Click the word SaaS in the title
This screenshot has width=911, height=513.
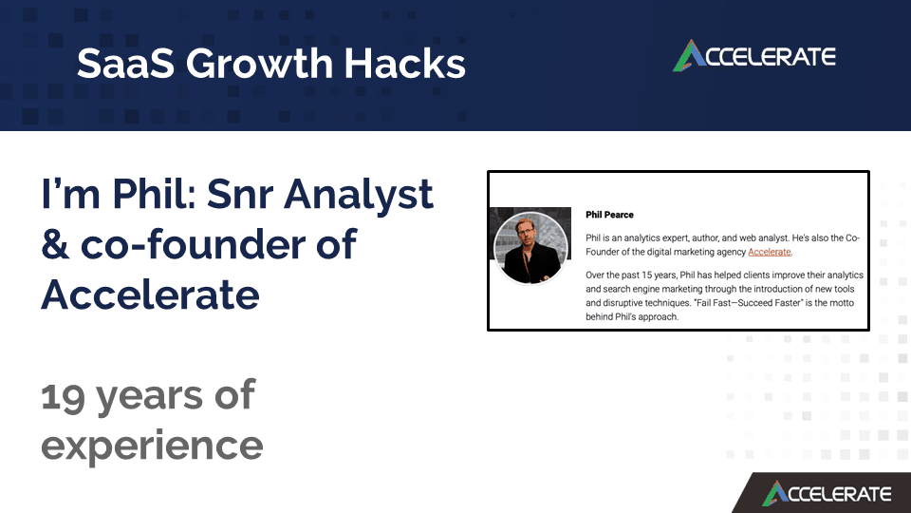pos(125,63)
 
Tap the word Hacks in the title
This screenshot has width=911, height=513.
pos(405,63)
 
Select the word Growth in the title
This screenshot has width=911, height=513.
pos(259,63)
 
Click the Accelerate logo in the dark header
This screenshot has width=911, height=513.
pos(754,56)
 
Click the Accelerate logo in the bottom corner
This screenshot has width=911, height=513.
pos(827,493)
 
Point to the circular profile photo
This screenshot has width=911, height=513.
pos(530,247)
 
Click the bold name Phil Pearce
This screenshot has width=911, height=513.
pos(609,215)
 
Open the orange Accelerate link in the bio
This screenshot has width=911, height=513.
pos(770,252)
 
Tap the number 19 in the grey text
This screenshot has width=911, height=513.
pos(63,396)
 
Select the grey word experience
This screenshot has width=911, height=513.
pos(152,446)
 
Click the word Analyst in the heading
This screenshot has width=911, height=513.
pos(359,195)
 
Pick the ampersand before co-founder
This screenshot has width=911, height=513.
pos(55,244)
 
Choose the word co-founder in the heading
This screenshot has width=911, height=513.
pos(218,244)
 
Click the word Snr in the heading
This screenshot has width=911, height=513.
pos(240,194)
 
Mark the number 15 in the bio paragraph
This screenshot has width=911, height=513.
pos(646,275)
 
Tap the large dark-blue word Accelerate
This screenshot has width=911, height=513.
pos(151,294)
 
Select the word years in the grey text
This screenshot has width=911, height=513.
pos(149,398)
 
